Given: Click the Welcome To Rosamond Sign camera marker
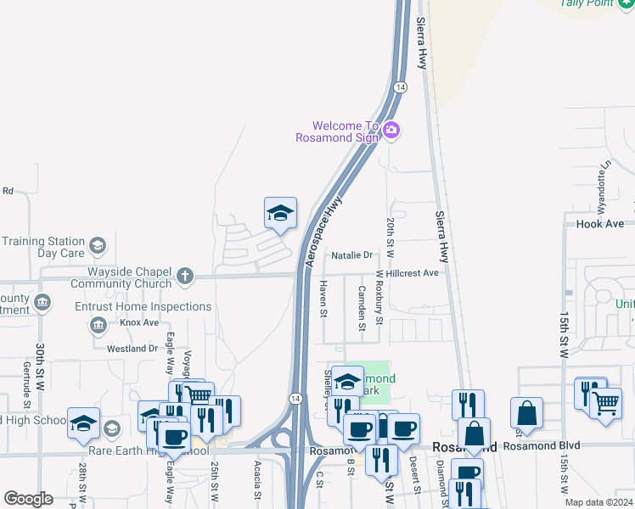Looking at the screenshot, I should (391, 130).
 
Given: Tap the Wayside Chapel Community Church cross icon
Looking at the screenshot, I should (186, 276).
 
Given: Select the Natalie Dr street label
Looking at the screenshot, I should (352, 255).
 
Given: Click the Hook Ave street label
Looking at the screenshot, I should (600, 224).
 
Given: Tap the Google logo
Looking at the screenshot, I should (28, 499).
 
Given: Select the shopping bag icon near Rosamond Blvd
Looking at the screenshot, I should (526, 413).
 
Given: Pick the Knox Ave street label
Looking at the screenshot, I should (139, 323).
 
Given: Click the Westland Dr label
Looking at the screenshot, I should (132, 349).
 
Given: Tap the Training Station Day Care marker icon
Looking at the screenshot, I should (98, 246).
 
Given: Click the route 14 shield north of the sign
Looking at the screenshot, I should (401, 87).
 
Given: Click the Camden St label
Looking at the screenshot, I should (361, 307).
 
